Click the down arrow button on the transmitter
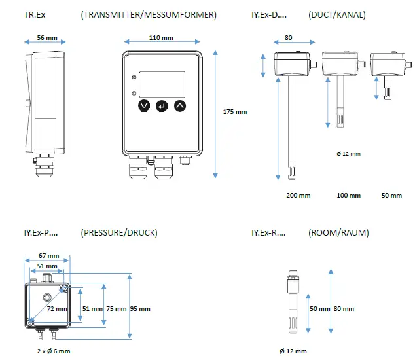[x=143, y=105]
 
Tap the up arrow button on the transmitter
[x=180, y=105]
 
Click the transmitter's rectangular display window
[x=162, y=81]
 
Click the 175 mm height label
[x=235, y=112]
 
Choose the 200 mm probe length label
[x=298, y=195]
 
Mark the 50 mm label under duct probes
[x=391, y=195]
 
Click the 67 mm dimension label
[x=48, y=255]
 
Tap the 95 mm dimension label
[x=140, y=308]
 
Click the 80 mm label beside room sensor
[x=344, y=308]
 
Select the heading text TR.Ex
[x=35, y=14]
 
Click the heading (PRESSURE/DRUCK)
[x=118, y=232]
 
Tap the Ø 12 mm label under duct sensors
[x=348, y=154]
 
